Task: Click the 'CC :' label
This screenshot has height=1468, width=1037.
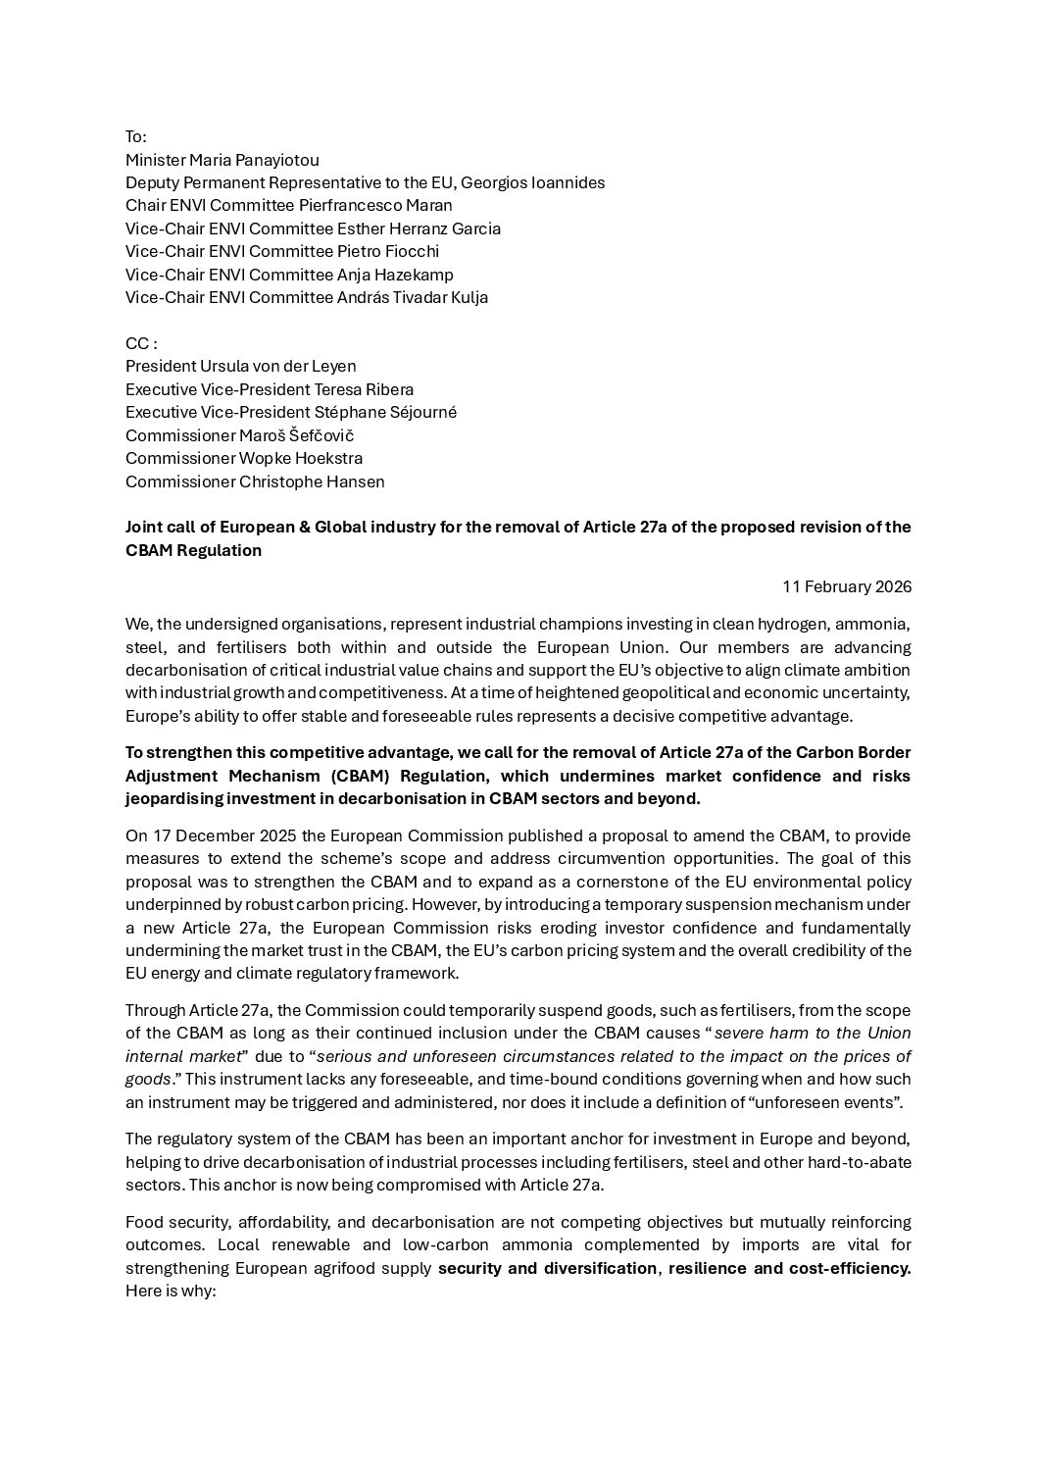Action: [141, 343]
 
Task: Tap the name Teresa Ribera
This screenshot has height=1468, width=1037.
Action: [364, 389]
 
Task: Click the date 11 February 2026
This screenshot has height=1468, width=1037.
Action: [847, 586]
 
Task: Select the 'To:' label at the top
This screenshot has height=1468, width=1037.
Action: [136, 136]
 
